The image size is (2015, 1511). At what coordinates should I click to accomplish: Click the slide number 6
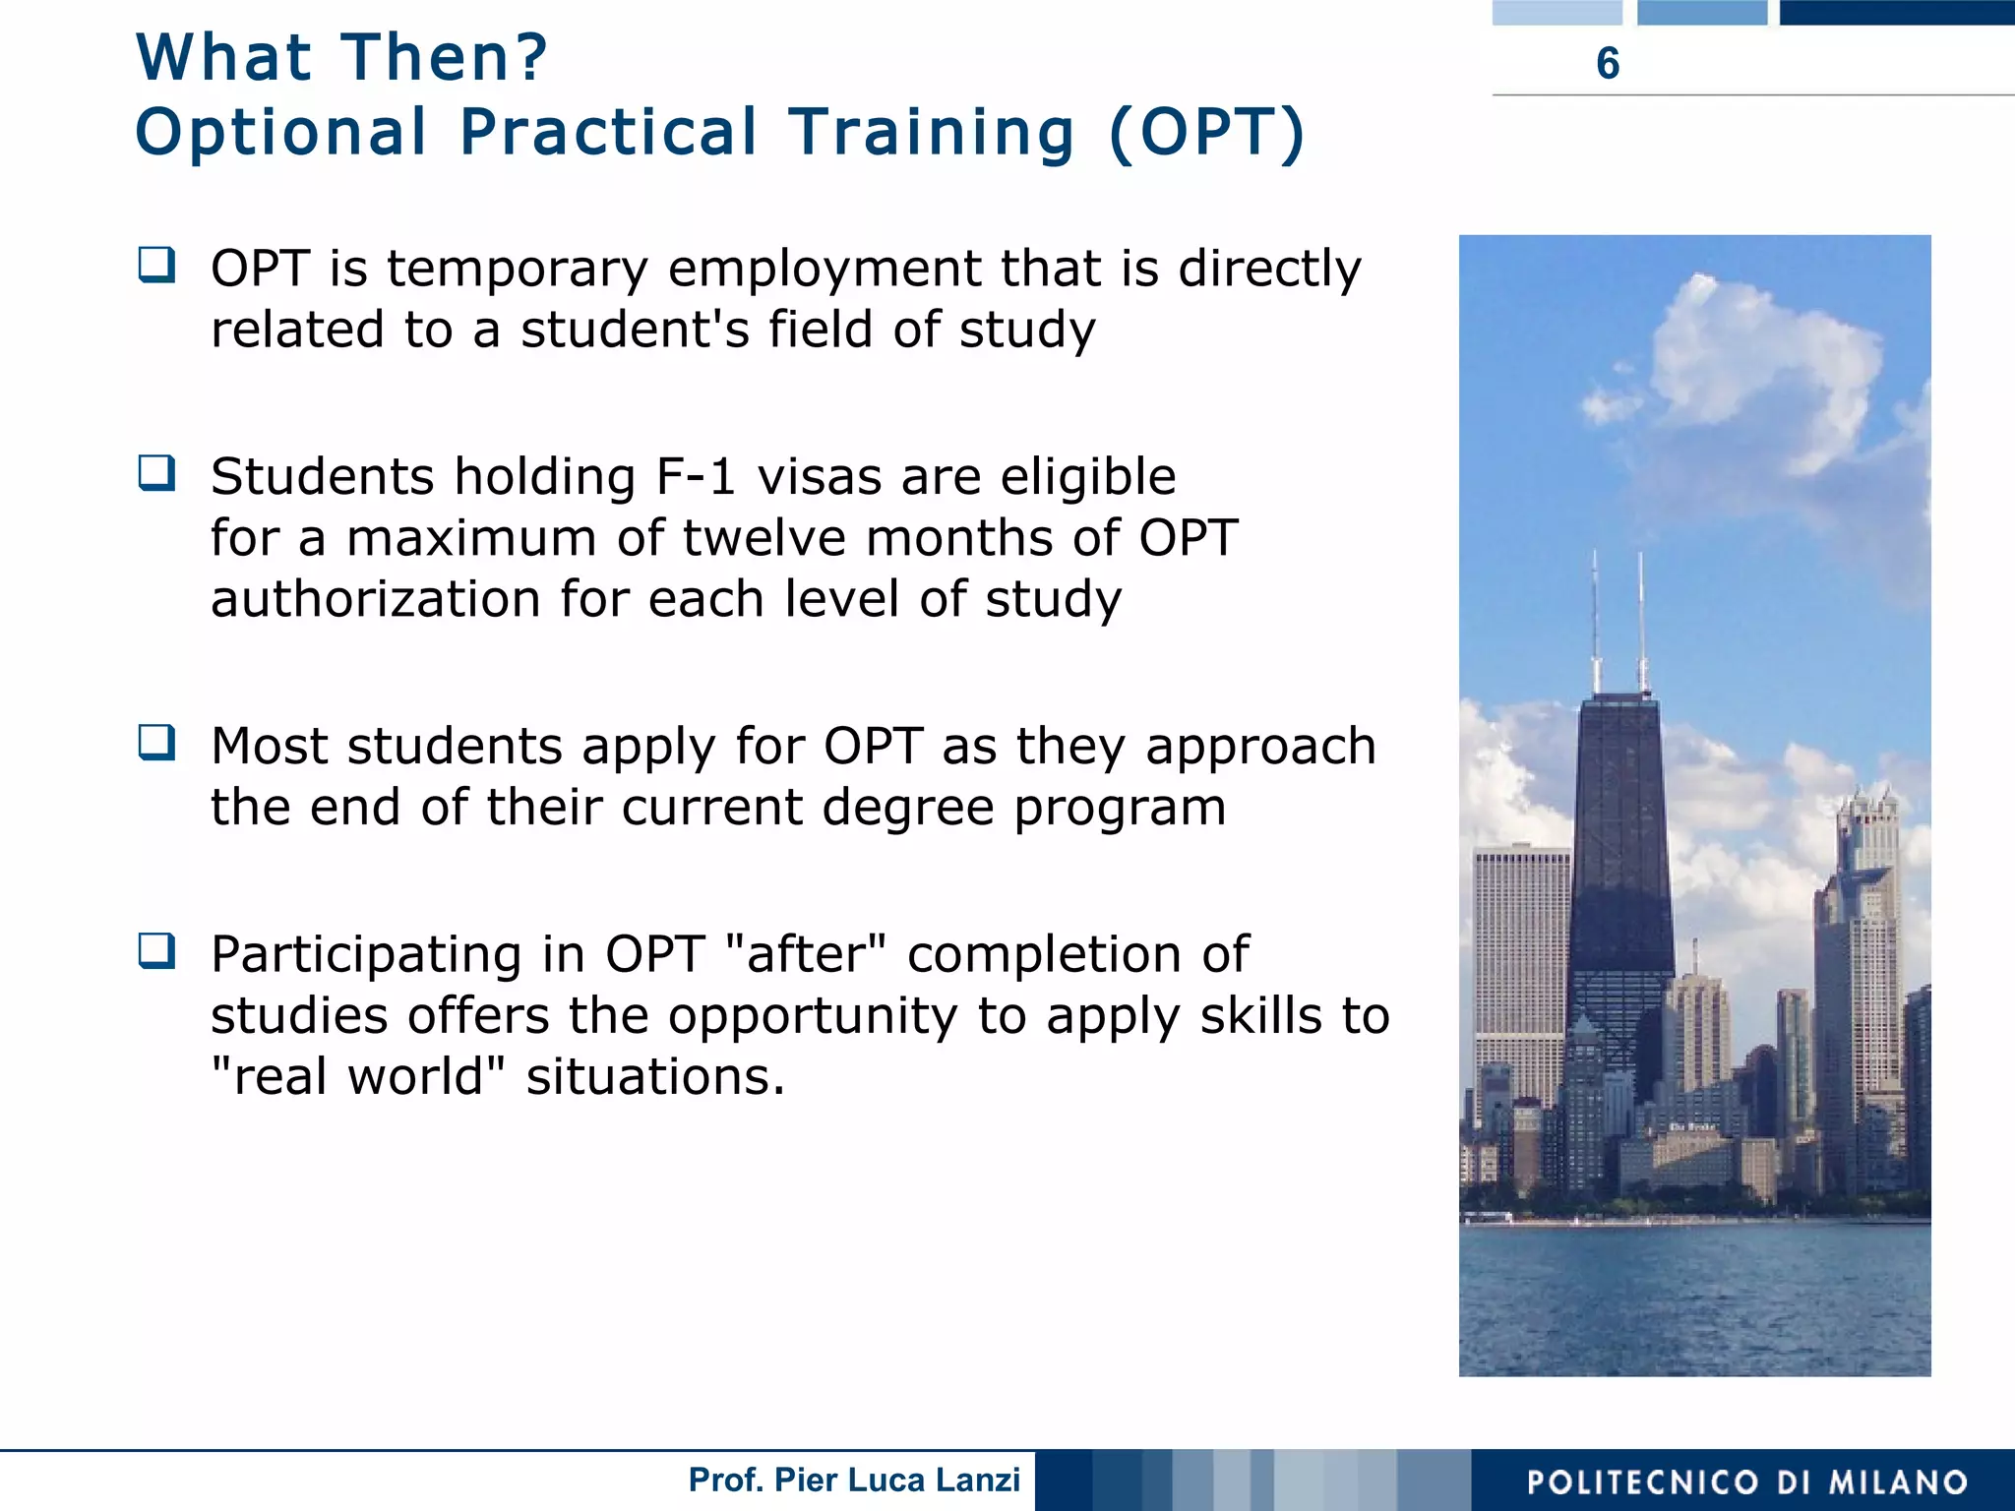point(1607,63)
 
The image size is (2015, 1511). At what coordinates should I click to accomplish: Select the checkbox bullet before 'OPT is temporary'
point(157,265)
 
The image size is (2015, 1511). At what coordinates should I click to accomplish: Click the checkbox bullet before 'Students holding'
point(157,473)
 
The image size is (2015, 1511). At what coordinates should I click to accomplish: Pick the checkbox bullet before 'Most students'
point(157,743)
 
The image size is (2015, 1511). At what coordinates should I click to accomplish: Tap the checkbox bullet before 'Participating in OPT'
point(157,951)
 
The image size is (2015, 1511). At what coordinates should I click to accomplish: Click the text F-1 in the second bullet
point(696,477)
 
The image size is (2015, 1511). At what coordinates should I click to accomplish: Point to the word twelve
point(764,538)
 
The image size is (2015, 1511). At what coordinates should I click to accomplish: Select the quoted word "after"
point(805,954)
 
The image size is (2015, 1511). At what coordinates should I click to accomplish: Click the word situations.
point(655,1076)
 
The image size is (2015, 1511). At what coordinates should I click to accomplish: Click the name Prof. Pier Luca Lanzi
point(854,1480)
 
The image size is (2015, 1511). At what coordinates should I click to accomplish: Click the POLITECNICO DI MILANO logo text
point(1747,1481)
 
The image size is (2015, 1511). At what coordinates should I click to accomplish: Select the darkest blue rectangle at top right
point(1896,12)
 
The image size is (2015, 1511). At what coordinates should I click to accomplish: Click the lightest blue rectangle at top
point(1557,12)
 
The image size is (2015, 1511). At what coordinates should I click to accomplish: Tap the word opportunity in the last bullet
point(812,1016)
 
